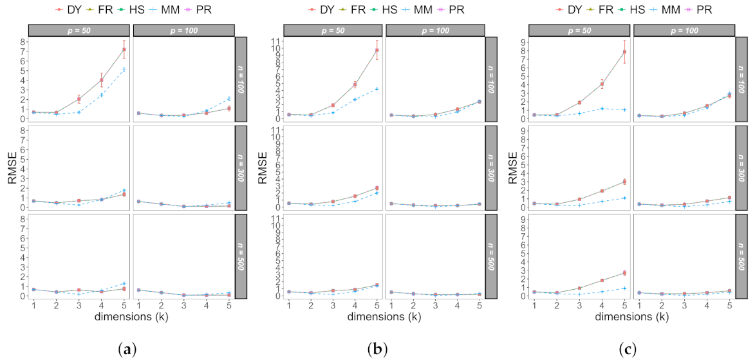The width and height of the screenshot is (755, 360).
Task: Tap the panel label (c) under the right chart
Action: [x=628, y=348]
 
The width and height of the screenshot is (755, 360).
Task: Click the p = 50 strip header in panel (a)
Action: [x=79, y=30]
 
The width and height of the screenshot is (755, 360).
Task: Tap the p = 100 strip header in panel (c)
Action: [x=684, y=30]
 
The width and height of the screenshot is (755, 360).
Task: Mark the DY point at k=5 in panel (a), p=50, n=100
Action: [x=124, y=49]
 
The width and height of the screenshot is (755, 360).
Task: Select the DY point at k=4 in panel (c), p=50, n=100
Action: [x=602, y=84]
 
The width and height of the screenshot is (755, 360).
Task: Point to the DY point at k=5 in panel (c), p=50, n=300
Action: [x=624, y=182]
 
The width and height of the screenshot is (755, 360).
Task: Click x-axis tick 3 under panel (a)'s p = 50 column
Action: [x=79, y=305]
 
